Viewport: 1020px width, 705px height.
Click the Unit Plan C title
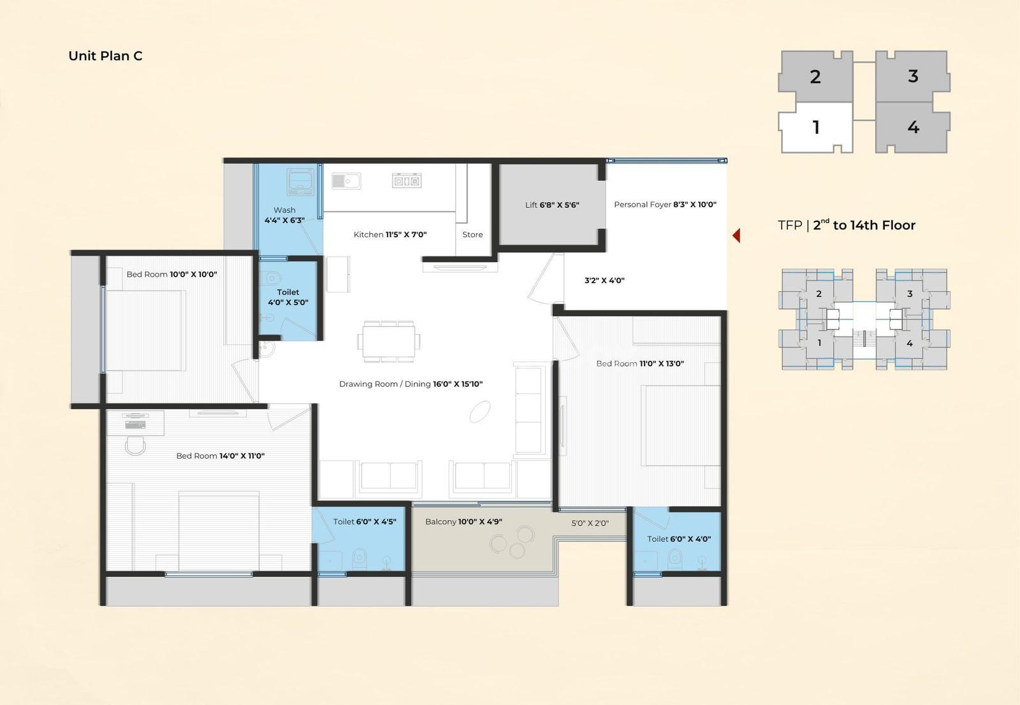click(105, 56)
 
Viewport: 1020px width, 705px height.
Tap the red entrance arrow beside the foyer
click(736, 235)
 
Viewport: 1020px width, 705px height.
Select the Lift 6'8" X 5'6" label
click(552, 205)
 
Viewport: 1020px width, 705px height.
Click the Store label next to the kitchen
click(472, 235)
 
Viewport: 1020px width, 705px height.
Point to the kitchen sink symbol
click(346, 181)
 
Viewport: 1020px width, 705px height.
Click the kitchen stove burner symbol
click(407, 181)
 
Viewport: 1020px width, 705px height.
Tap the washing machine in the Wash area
click(300, 182)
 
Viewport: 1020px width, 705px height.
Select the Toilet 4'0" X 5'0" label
click(288, 297)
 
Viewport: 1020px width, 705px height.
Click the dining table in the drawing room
click(389, 341)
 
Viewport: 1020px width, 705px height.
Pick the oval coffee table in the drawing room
click(480, 412)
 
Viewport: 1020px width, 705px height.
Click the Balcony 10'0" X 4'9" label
click(463, 521)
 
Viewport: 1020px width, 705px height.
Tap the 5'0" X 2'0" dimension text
click(590, 523)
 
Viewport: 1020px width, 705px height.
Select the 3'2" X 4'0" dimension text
click(604, 280)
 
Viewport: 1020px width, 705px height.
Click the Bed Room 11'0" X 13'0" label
click(640, 363)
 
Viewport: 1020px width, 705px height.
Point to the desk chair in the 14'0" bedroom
click(135, 446)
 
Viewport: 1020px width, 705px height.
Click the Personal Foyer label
click(643, 205)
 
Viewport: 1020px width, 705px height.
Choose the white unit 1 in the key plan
click(815, 127)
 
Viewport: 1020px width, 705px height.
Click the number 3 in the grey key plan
click(912, 76)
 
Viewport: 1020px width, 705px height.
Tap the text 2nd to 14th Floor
click(864, 225)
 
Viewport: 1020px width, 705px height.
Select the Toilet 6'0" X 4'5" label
click(364, 521)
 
